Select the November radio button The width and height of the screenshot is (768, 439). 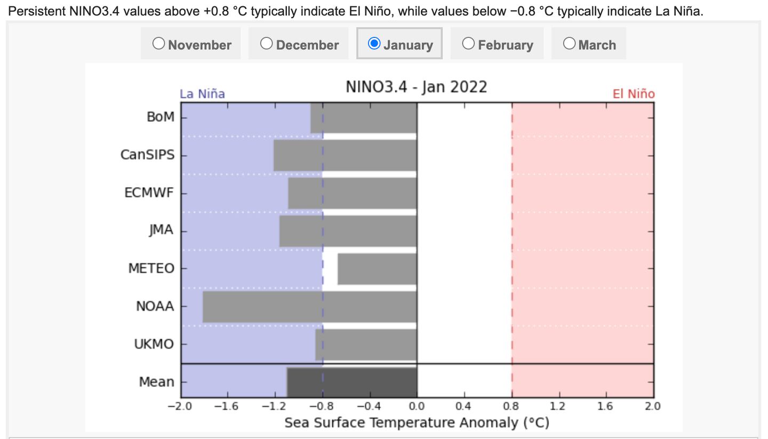tap(158, 44)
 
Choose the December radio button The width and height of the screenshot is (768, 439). tap(266, 44)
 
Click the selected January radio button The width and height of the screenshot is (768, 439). tap(374, 44)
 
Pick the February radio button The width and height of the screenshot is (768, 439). tap(468, 44)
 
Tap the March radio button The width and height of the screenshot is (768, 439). tap(569, 44)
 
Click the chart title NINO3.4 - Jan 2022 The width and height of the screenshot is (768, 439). tap(416, 87)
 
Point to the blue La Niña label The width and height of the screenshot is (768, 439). tap(202, 94)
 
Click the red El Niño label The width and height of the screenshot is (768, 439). tap(633, 94)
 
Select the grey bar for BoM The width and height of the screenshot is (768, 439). tap(363, 117)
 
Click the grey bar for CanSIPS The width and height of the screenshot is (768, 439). tap(345, 155)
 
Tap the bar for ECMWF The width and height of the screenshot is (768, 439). tap(352, 193)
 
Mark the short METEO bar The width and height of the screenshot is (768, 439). tap(377, 269)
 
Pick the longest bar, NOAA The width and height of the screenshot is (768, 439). tap(309, 307)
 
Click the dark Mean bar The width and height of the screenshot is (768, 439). tap(352, 382)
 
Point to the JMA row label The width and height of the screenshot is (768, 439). tap(161, 230)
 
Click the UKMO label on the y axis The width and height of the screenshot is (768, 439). tap(154, 344)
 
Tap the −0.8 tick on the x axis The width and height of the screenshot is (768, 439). tap(322, 406)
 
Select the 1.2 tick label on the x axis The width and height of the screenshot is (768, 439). tap(558, 406)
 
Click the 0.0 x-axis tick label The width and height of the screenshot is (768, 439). tap(417, 406)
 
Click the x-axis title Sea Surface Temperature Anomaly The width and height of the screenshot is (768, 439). tap(417, 423)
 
